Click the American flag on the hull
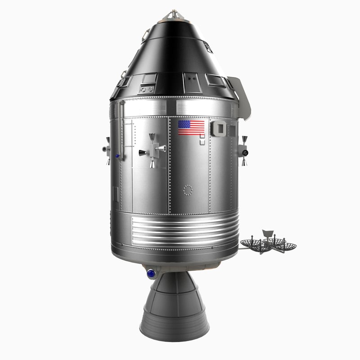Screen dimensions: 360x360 point(191,127)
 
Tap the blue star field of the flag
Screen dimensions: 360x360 point(184,124)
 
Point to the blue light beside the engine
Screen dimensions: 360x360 point(151,273)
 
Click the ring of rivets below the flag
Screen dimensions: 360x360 point(188,190)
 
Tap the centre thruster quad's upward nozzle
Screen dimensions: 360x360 point(153,137)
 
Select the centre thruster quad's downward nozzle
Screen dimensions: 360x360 point(153,163)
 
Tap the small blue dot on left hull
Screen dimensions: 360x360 point(117,156)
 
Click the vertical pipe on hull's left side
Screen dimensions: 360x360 point(121,130)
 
